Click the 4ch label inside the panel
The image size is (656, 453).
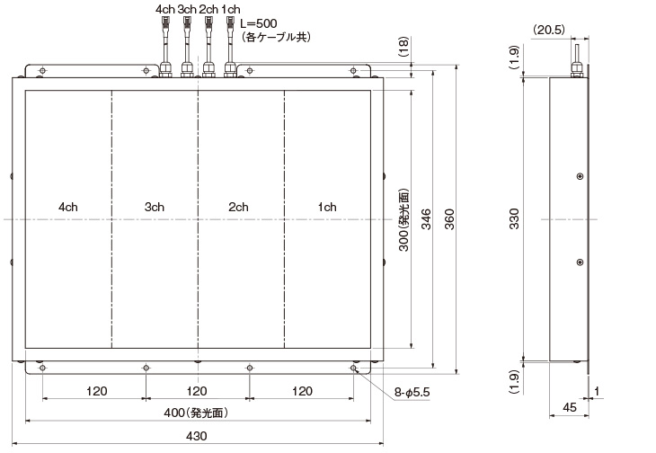pos(67,208)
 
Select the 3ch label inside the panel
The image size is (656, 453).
pos(154,208)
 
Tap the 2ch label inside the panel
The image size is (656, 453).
pos(238,208)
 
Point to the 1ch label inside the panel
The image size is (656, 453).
pos(326,208)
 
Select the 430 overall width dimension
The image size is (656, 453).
pos(196,436)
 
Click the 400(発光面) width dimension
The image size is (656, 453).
pos(196,413)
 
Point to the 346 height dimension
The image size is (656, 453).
pos(426,218)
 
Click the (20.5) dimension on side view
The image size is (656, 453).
pos(549,30)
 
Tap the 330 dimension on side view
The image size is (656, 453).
pos(515,218)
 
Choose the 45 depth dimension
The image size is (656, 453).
pos(569,407)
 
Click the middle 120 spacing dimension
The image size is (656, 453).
pos(197,391)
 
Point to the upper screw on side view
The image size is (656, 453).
pos(580,175)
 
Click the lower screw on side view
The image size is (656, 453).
pos(580,262)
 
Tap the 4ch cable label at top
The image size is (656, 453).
pos(164,9)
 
